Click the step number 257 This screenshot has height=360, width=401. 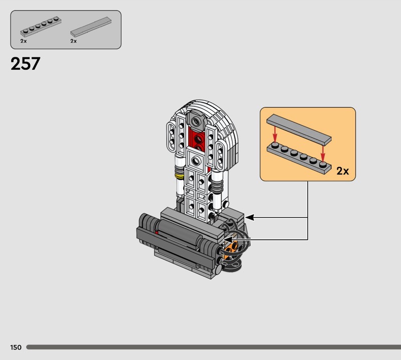tap(26, 64)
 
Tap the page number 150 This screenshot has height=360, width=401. tap(16, 347)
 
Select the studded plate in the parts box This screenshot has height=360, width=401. tap(41, 27)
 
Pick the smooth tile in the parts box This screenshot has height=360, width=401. tap(91, 27)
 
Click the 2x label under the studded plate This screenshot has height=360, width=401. tap(24, 41)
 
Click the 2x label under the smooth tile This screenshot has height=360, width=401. tap(74, 41)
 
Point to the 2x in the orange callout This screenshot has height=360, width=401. tap(343, 171)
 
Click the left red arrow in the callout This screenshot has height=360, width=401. tap(275, 134)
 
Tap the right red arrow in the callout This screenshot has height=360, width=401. tap(323, 153)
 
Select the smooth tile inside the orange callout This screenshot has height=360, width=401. tap(299, 128)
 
